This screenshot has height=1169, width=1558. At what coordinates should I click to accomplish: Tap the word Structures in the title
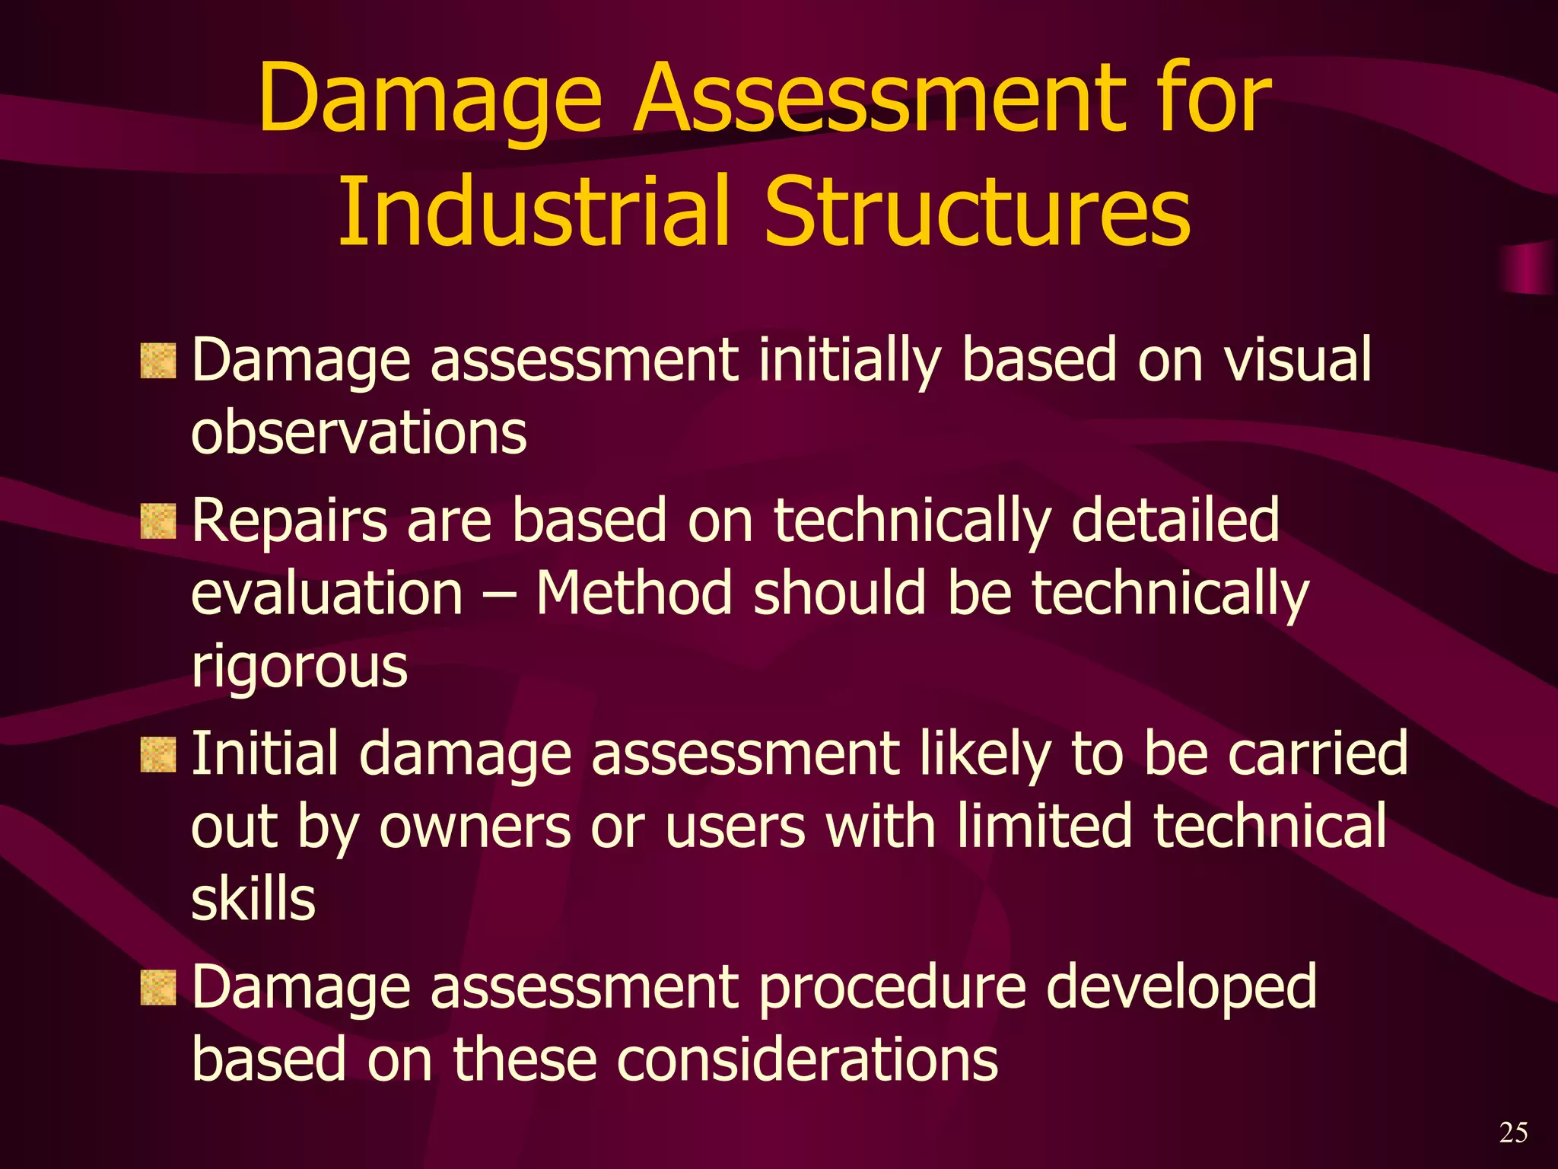(977, 211)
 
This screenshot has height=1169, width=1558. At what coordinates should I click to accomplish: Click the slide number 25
(1513, 1132)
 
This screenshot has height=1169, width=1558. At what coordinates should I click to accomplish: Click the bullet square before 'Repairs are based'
(158, 522)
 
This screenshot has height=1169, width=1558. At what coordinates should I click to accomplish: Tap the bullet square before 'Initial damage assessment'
(158, 755)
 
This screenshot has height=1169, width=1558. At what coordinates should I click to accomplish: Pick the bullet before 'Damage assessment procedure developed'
(158, 988)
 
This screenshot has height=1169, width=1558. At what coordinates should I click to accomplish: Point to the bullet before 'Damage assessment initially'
(158, 361)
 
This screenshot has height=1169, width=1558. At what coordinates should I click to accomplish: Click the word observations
(358, 432)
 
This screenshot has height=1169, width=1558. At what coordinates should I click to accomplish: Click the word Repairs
(289, 522)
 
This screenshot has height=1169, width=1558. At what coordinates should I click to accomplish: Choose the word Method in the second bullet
(634, 594)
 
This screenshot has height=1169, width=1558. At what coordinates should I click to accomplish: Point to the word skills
(253, 900)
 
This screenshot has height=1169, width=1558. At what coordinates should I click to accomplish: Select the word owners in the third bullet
(475, 828)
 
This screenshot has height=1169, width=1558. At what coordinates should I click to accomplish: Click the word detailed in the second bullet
(1175, 521)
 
